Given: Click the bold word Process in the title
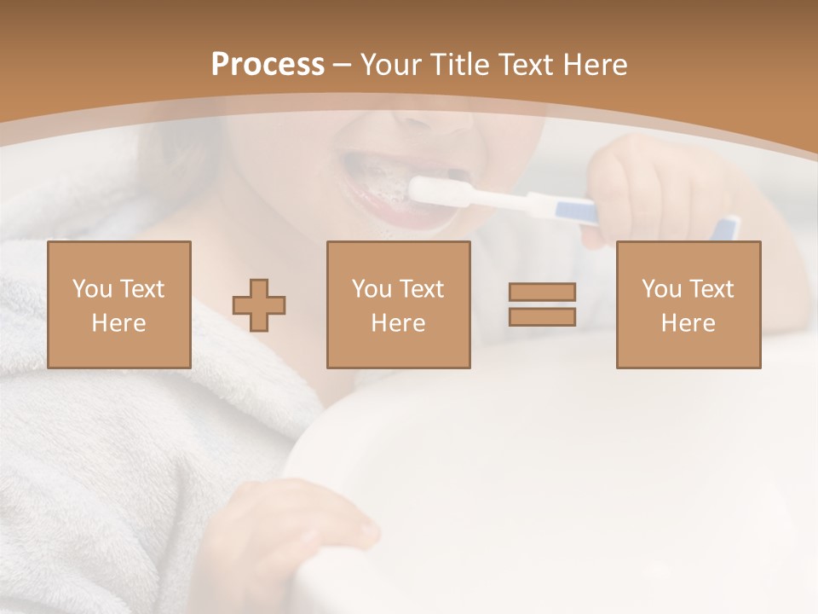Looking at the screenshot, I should (268, 65).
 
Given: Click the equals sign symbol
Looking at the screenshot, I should (542, 304).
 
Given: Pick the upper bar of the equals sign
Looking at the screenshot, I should (542, 293).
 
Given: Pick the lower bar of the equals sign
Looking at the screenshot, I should (542, 316).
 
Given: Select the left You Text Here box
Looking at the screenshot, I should (119, 304).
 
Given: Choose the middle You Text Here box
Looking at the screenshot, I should (399, 304).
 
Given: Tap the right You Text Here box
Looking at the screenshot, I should (688, 304).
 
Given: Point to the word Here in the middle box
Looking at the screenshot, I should (399, 323).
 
